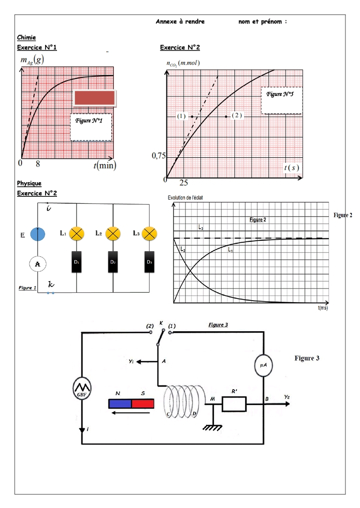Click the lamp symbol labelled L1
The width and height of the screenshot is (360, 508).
pos(76,233)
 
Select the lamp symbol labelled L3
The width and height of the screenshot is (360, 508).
pos(149,233)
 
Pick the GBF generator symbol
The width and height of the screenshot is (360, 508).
pos(80,388)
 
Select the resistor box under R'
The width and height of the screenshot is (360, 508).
pos(234,403)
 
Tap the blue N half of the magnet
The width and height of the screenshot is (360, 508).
pos(120,403)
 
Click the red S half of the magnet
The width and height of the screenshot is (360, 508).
pos(143,403)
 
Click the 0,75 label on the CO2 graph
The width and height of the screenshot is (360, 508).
pos(158,156)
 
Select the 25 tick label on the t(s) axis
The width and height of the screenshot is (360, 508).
pos(183,183)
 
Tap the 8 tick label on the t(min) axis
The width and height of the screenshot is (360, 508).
pos(37,163)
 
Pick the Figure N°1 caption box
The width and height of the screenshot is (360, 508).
pos(90,127)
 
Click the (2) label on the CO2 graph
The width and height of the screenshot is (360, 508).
pos(237,115)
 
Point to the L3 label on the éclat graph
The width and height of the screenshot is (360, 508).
pos(200,228)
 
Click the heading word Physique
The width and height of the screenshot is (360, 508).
pos(29,183)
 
